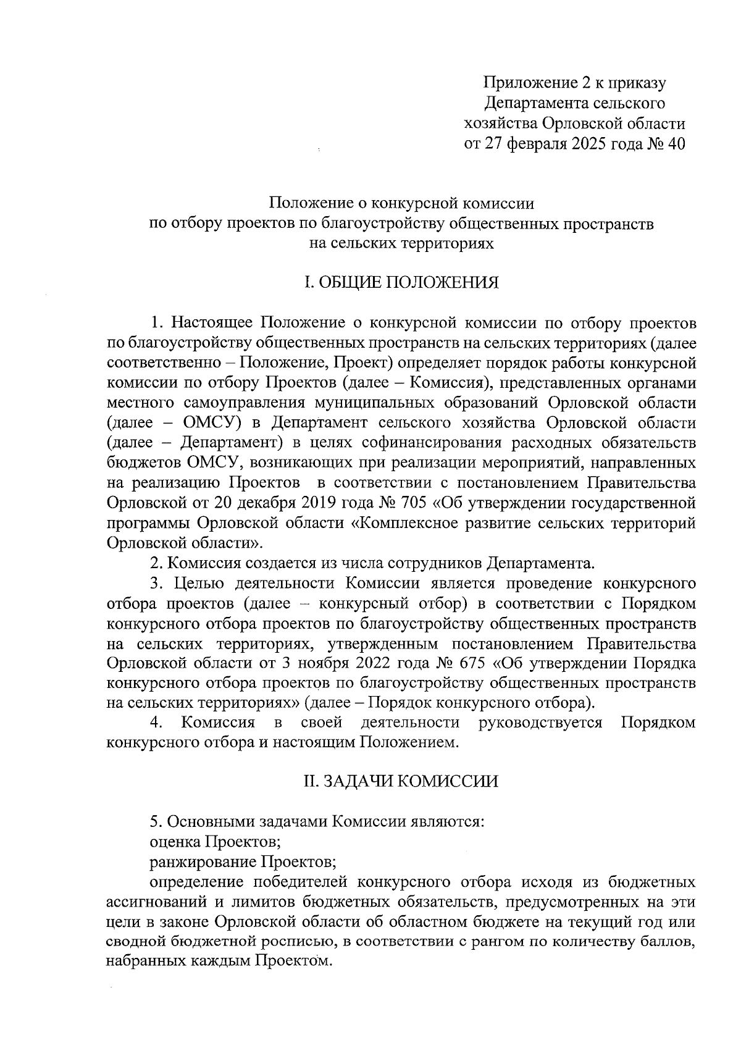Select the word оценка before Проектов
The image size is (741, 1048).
[x=175, y=841]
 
